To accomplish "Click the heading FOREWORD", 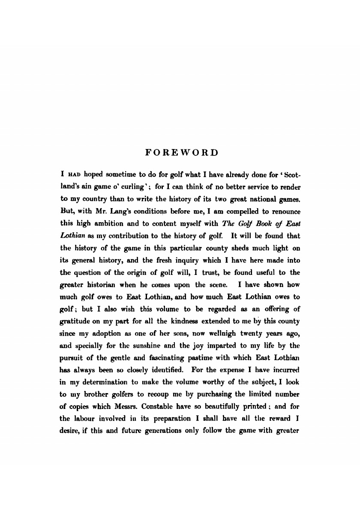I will coord(182,153).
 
